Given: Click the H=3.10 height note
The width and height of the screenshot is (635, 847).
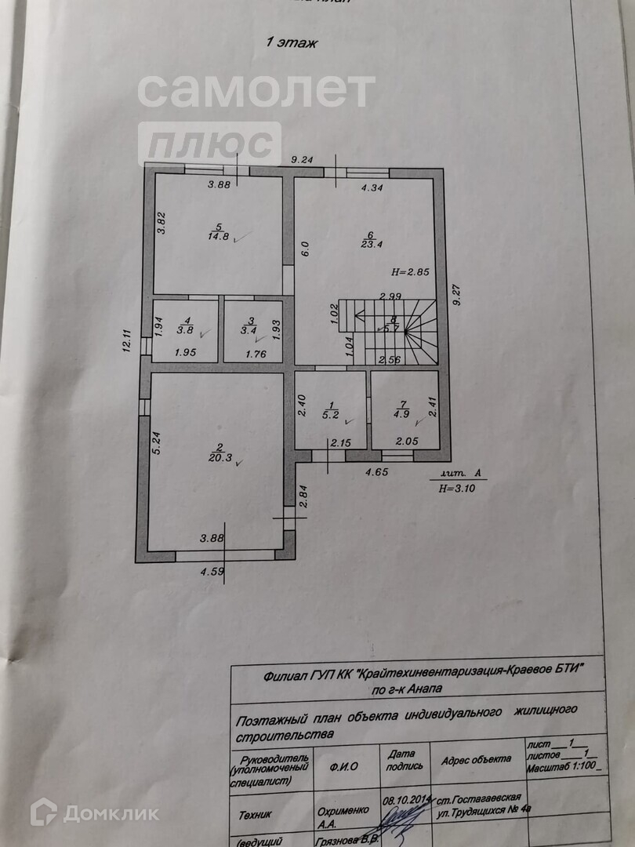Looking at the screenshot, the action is (459, 487).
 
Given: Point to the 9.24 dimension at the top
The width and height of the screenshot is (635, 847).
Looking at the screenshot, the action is (302, 160).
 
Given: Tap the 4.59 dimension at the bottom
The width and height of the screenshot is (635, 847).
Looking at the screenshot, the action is (212, 572).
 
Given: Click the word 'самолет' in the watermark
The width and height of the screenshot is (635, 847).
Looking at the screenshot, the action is (256, 91).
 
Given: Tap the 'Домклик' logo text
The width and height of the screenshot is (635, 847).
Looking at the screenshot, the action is (110, 812).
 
